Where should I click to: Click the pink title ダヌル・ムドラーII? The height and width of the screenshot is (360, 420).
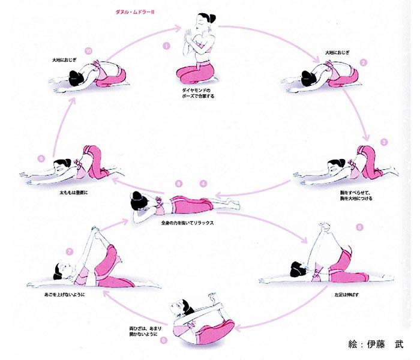[x=136, y=11]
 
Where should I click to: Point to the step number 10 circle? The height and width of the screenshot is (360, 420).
[x=89, y=51]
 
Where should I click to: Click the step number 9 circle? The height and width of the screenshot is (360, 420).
[x=41, y=158]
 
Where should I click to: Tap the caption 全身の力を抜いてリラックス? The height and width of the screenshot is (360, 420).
[x=188, y=223]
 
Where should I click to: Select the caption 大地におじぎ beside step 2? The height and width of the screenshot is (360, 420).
[x=337, y=52]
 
